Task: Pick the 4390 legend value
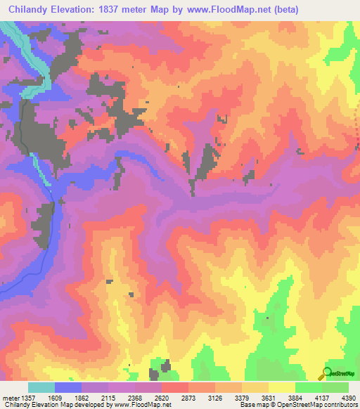(x=349, y=398)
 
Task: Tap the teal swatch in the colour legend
(x=41, y=387)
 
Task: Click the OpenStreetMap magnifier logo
(x=326, y=373)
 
